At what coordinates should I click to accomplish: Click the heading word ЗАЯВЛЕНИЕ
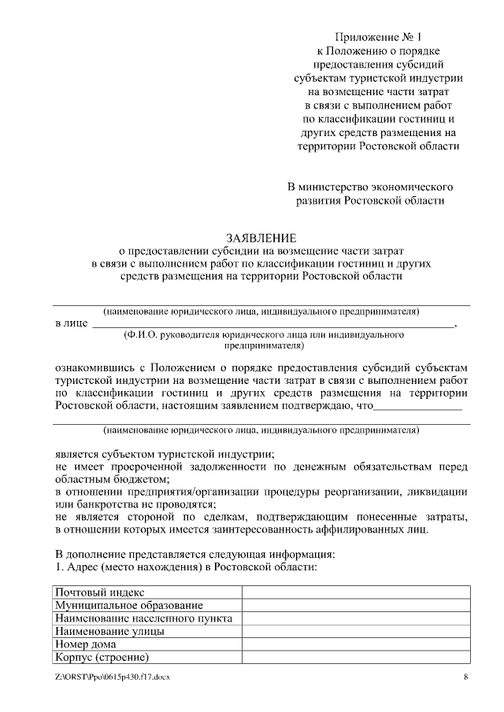click(x=261, y=237)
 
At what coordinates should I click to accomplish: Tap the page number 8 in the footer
click(x=465, y=677)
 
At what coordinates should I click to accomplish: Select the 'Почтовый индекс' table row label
click(x=99, y=592)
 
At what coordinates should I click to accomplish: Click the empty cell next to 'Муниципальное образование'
click(x=356, y=606)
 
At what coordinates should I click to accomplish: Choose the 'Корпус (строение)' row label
click(x=102, y=658)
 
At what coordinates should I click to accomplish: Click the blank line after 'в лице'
click(x=272, y=323)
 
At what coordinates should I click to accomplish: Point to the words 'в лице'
click(x=71, y=323)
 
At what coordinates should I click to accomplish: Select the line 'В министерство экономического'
click(x=369, y=186)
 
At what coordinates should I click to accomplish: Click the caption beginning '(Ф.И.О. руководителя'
click(x=264, y=335)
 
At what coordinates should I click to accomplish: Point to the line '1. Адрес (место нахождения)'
click(x=186, y=566)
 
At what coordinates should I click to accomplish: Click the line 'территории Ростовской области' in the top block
click(x=378, y=146)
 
